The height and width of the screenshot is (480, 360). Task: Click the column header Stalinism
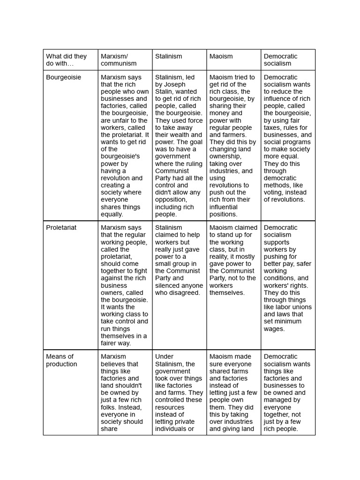point(168,56)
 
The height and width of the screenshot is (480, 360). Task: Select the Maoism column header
point(221,56)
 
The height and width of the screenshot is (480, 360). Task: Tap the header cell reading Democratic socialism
point(280,60)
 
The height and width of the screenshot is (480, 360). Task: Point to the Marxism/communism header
point(119,60)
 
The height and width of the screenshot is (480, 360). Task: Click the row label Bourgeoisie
point(63,77)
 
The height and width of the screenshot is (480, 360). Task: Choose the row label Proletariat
point(61,228)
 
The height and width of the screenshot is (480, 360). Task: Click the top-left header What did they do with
point(66,60)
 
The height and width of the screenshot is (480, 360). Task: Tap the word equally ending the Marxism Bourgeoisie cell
point(112,214)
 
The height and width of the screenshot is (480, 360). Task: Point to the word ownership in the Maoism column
point(225,157)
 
